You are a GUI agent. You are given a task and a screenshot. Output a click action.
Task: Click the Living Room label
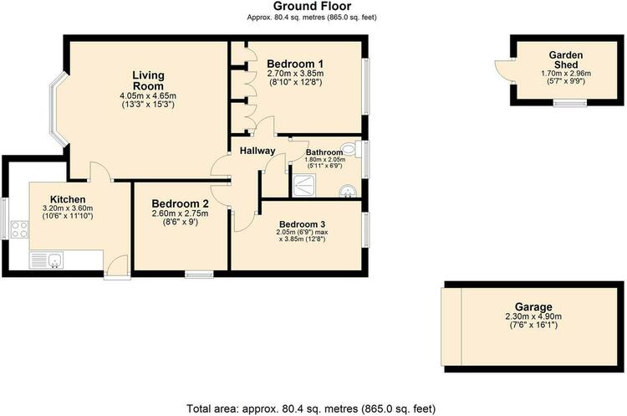tap(148, 80)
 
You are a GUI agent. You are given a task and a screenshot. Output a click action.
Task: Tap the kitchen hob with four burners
tap(19, 229)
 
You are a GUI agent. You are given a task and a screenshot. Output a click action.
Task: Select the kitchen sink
tap(46, 260)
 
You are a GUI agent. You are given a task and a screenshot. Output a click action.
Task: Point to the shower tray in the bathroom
tap(304, 186)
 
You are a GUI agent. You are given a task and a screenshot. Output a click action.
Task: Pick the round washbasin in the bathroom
tap(348, 192)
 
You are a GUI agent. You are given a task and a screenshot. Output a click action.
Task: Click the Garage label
tap(533, 307)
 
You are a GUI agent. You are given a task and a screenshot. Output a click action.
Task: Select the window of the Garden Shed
tap(570, 103)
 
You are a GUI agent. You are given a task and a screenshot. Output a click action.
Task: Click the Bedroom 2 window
tap(199, 275)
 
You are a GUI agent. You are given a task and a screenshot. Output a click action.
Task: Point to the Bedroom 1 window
tap(365, 87)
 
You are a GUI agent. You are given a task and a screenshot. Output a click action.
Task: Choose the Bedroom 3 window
tap(365, 230)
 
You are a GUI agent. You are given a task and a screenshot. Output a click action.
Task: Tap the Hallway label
tap(257, 151)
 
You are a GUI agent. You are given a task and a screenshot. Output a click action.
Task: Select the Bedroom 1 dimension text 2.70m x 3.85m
tap(295, 74)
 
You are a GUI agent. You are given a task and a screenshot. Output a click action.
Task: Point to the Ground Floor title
tap(313, 6)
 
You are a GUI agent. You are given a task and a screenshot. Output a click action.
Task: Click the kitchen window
tap(4, 218)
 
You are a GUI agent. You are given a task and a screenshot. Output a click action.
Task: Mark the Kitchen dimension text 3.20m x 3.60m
tap(68, 208)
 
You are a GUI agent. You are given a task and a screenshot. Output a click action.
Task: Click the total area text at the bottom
tap(311, 408)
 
